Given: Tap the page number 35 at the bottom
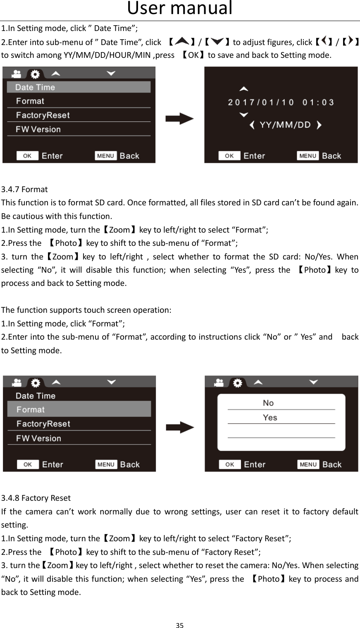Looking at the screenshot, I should tap(179, 624).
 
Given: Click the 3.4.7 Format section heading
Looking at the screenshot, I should tap(24, 190).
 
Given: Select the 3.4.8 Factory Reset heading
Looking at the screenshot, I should tap(36, 498).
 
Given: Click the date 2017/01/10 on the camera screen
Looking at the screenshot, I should tap(261, 102).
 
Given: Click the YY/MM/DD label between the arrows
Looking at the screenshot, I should tap(285, 125).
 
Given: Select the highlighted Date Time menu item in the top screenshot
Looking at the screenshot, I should tap(79, 87).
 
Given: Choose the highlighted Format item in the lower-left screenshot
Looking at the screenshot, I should tap(79, 409).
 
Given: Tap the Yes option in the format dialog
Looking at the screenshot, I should tap(270, 418).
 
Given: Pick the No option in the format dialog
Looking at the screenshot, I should tap(268, 403).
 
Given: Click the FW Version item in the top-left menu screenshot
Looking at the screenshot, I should tap(38, 129).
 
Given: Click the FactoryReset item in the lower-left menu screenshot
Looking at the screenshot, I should tap(43, 424).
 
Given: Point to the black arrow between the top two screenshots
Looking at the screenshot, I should tap(179, 119).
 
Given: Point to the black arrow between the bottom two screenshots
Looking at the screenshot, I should tap(180, 428).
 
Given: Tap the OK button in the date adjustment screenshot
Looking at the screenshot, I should tap(229, 156).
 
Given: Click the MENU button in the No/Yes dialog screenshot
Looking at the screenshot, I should tap(308, 464).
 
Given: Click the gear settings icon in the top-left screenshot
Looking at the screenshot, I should tap(36, 74).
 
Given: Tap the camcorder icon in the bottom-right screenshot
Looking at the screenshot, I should tap(219, 383).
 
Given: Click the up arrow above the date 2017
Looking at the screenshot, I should tap(244, 88).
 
